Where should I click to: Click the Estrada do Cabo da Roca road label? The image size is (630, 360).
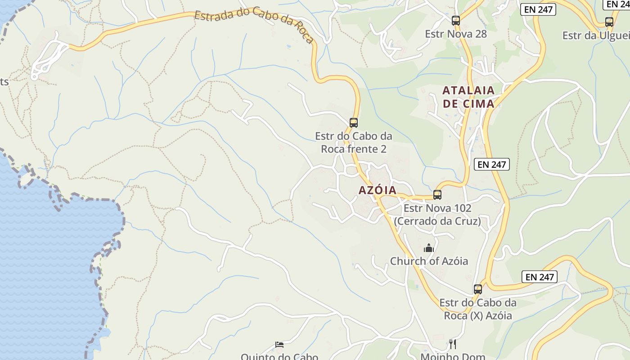(x=254, y=24)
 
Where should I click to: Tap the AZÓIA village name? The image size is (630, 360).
(x=378, y=190)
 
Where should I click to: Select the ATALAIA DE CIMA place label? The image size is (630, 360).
(x=468, y=97)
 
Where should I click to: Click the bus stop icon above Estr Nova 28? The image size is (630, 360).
(x=456, y=20)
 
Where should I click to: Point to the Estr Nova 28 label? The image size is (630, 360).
(x=456, y=34)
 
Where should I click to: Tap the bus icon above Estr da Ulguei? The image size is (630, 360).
(x=609, y=22)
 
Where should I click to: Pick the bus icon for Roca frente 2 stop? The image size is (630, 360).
(x=354, y=122)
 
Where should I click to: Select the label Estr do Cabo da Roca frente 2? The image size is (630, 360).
(x=353, y=142)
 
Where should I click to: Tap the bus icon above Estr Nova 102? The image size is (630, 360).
(x=437, y=195)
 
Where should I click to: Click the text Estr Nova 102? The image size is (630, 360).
(x=437, y=208)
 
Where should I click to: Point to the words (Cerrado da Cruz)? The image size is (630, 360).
(x=437, y=221)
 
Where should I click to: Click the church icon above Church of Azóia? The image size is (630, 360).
(x=429, y=248)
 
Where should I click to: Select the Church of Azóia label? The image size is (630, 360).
(x=429, y=261)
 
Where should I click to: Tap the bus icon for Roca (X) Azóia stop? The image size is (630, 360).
(x=478, y=289)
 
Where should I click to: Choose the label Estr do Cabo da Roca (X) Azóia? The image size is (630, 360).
(x=478, y=309)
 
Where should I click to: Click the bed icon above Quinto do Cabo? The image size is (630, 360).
(x=279, y=345)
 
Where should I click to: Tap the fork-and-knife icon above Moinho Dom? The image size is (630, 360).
(x=453, y=344)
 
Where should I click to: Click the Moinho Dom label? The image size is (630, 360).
(x=453, y=356)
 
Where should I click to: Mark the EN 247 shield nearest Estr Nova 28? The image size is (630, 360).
(x=538, y=9)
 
